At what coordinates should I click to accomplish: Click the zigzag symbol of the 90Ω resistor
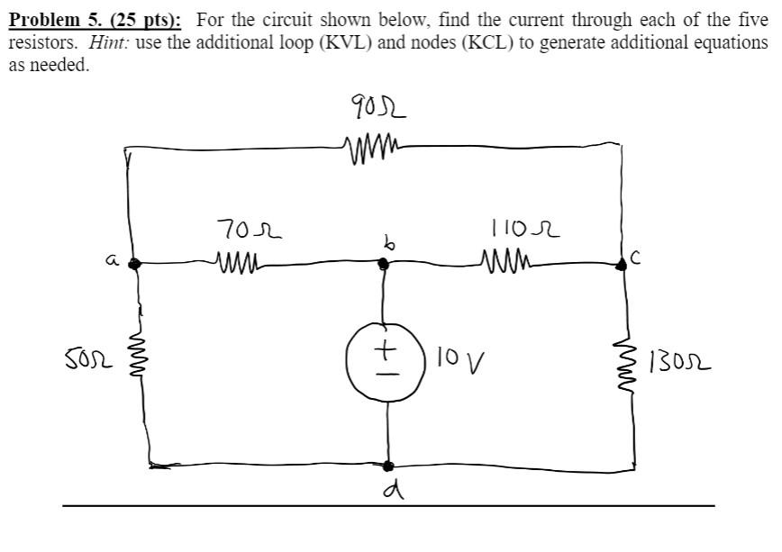(x=370, y=145)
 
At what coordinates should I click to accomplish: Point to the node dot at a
(x=135, y=264)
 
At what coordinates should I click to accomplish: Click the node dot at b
(x=384, y=264)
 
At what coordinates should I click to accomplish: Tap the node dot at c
(x=622, y=264)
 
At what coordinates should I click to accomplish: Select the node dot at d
(x=388, y=466)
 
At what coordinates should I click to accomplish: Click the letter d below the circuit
(x=389, y=492)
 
